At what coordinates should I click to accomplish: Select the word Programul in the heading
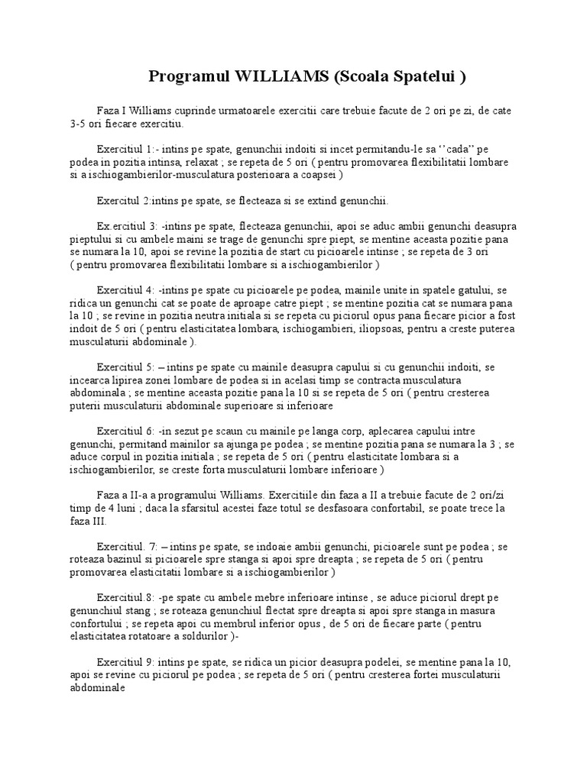pos(183,77)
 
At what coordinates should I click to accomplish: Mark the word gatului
pos(470,290)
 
